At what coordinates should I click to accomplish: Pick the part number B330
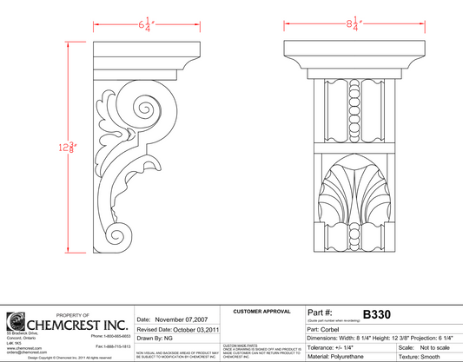click(x=379, y=313)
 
